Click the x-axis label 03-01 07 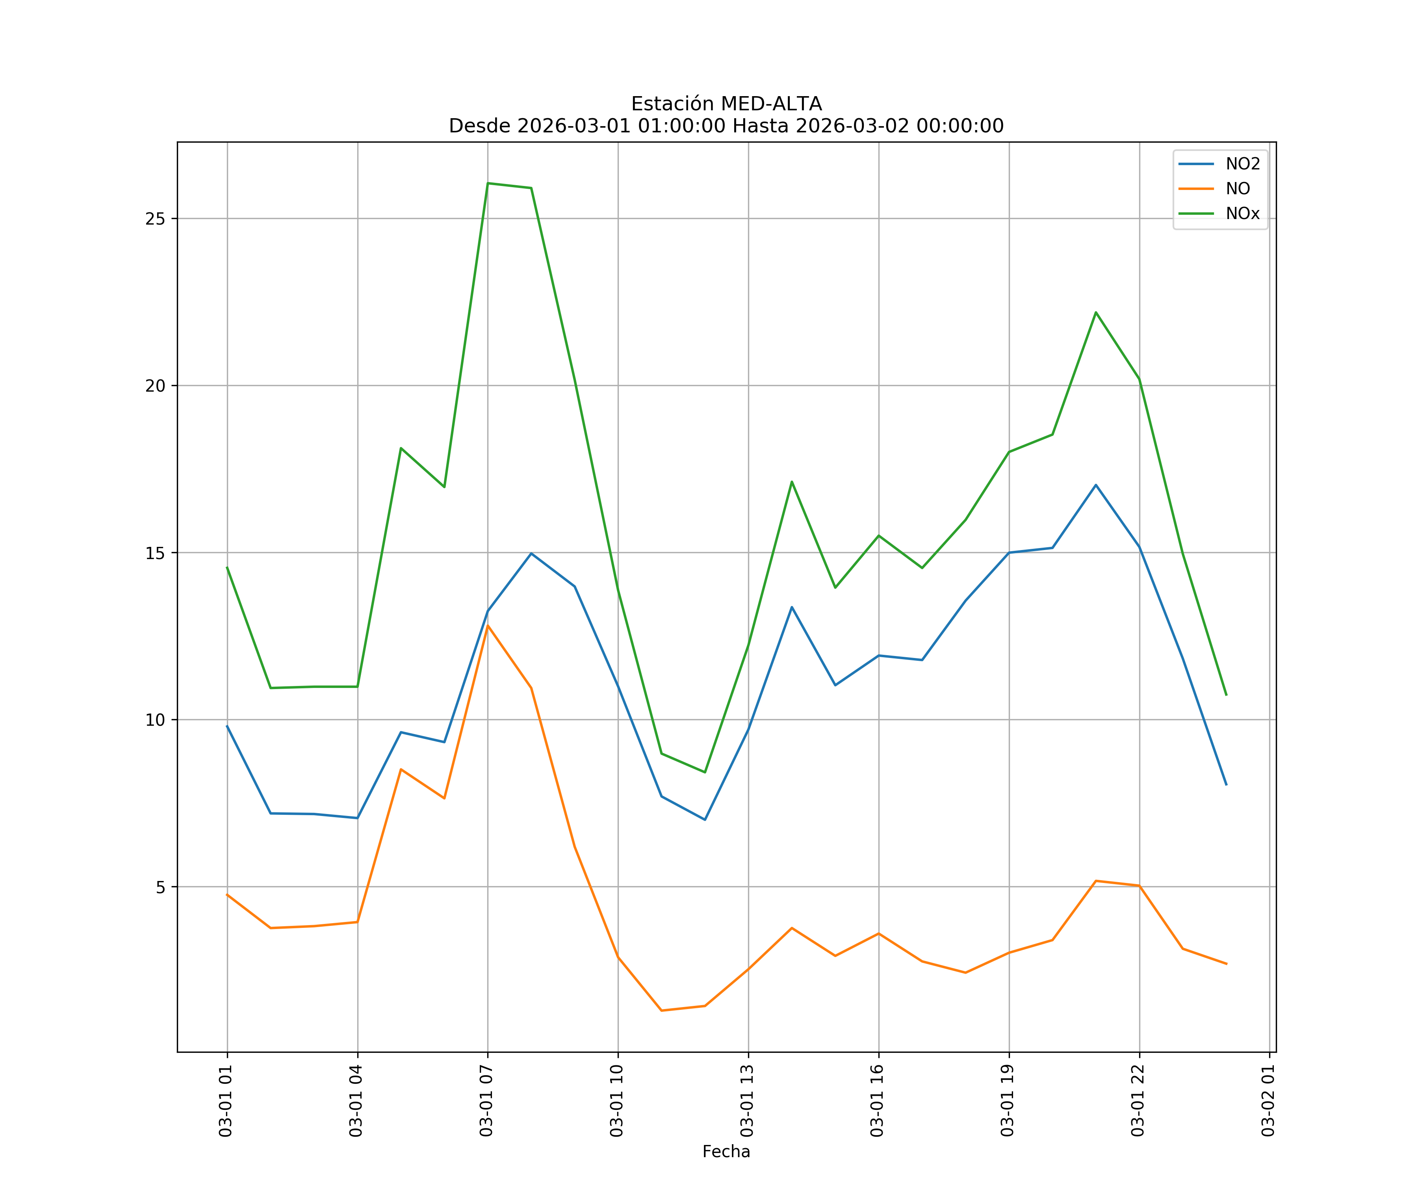pos(487,1100)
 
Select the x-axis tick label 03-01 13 pos(748,1100)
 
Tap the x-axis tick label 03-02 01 pos(1269,1100)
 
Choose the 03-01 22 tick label pos(1138,1100)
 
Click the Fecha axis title pos(726,1152)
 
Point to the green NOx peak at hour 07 pos(488,183)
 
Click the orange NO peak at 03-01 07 pos(488,625)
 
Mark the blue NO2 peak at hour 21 pos(1096,485)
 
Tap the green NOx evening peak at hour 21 pos(1096,312)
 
